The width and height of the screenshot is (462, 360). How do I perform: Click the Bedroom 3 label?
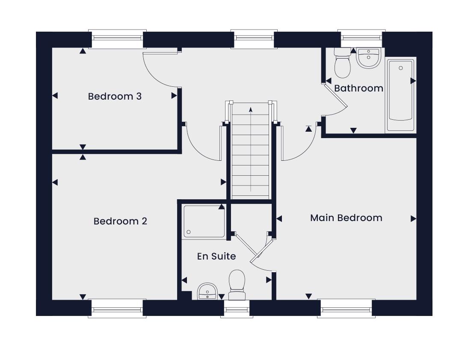[x=115, y=96]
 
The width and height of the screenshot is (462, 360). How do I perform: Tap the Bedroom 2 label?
[x=120, y=221]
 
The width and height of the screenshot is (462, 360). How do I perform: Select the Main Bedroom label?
[x=346, y=218]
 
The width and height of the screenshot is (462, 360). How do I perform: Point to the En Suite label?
[x=216, y=256]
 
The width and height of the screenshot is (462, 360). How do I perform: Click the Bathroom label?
[x=358, y=88]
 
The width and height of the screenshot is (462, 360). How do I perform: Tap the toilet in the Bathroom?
[x=342, y=63]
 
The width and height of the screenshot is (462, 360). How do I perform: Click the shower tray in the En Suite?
[x=204, y=221]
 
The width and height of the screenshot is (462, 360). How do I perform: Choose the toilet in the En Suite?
[x=237, y=285]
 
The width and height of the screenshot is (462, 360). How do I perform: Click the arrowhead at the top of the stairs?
[x=251, y=110]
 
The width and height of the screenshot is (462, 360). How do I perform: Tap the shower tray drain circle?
[x=189, y=232]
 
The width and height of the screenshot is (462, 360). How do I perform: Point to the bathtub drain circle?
[x=401, y=68]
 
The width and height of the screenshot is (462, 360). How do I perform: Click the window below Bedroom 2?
[x=117, y=309]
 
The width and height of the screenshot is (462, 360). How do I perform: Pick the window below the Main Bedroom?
[x=346, y=309]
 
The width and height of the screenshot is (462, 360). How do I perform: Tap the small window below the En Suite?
[x=237, y=309]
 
